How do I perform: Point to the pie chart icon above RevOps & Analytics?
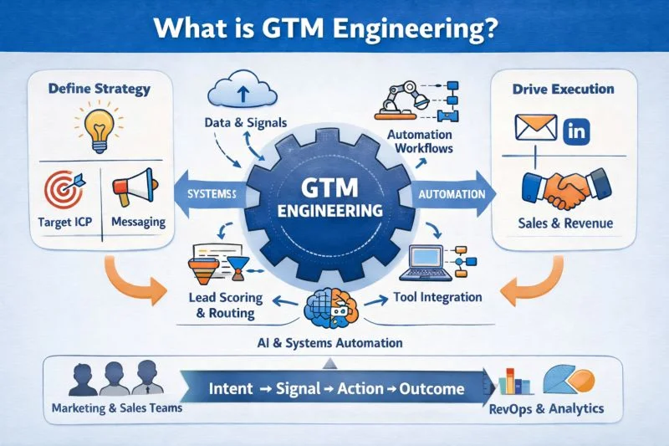[564, 381]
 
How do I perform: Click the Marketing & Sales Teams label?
[111, 410]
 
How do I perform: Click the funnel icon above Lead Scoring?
[203, 268]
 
